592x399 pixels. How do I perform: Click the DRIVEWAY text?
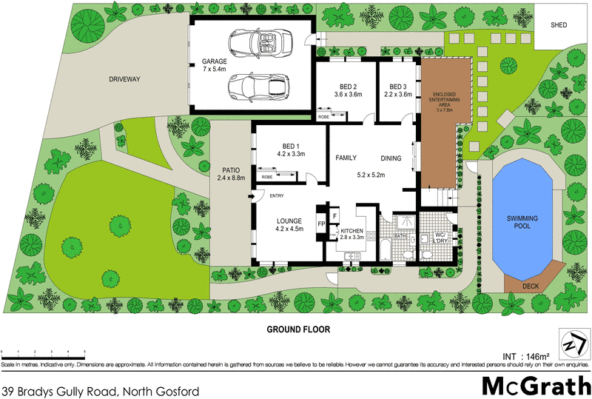(x=124, y=78)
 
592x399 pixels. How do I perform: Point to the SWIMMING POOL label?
(x=527, y=223)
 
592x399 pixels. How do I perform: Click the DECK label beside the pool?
(x=531, y=286)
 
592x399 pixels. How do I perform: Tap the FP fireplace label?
(x=321, y=224)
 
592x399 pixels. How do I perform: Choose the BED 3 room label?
(x=399, y=85)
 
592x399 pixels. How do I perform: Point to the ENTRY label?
(x=277, y=196)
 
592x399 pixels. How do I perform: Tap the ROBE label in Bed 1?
(x=267, y=178)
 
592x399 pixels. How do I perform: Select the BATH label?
(x=400, y=236)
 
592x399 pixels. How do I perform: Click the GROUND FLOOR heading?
(x=297, y=329)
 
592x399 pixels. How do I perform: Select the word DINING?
(x=391, y=158)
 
